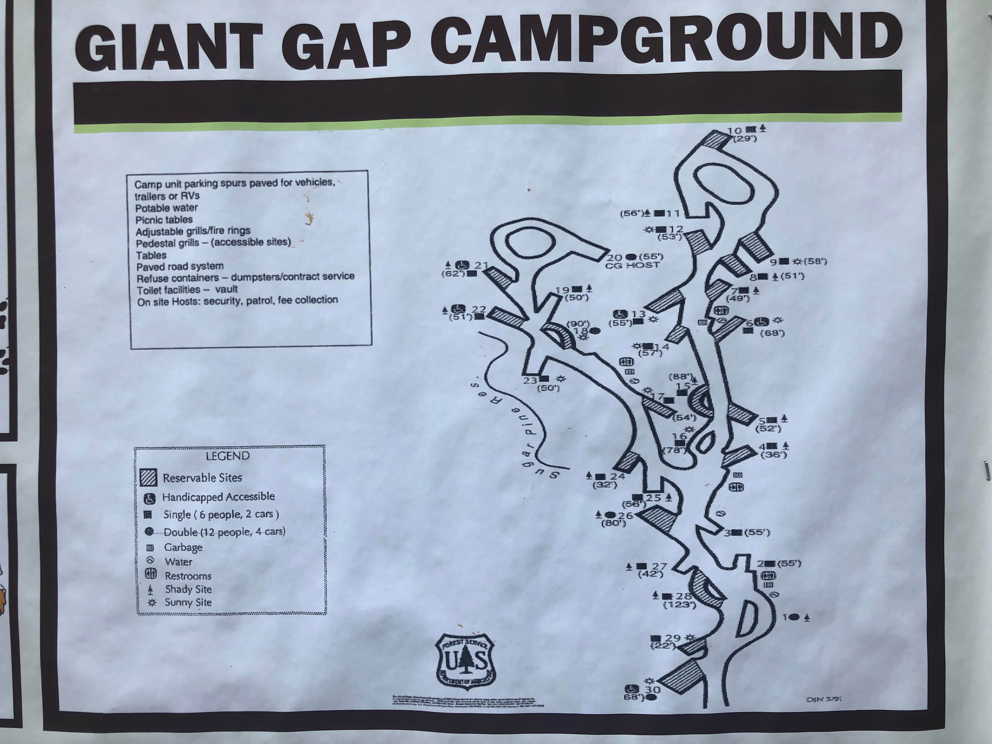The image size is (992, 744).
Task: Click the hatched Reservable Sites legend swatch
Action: point(148,478)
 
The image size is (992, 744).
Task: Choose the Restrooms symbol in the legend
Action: point(151,574)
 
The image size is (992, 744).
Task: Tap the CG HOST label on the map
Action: point(632,265)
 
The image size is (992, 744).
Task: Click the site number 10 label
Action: point(735,131)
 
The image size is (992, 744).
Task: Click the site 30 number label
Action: point(652,690)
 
